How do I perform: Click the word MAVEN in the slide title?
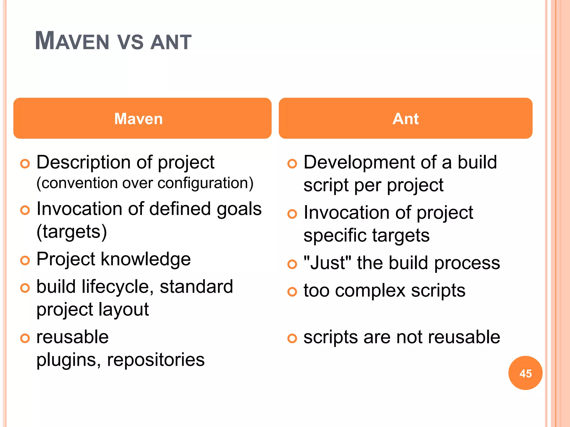72,41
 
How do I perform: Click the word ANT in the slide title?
171,42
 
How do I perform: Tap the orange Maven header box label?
138,119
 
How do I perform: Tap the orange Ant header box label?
406,119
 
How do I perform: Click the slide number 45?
525,373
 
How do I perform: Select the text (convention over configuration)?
145,183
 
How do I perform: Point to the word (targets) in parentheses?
72,232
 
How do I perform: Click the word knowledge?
146,259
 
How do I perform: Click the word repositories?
156,359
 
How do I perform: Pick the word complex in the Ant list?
370,291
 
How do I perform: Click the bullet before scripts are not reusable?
292,338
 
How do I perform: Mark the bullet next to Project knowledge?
25,260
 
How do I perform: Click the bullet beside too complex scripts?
292,292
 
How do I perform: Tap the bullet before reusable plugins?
25,338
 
